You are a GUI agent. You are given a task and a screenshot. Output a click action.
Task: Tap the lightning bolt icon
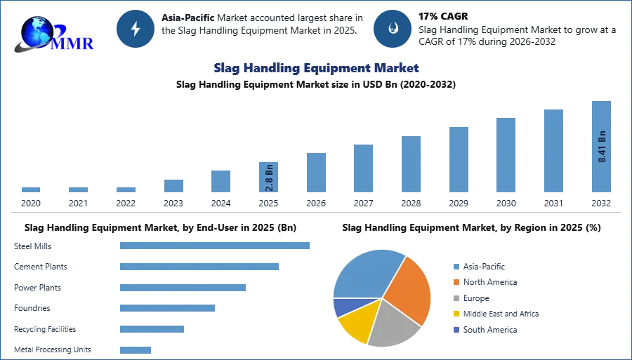tap(136, 29)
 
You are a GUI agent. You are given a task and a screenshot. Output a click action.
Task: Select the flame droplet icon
tap(393, 29)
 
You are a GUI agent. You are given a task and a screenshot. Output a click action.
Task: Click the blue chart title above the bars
tap(317, 68)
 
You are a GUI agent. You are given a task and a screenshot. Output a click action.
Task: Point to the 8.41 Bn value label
tap(602, 147)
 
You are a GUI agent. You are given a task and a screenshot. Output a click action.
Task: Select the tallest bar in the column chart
tap(600, 147)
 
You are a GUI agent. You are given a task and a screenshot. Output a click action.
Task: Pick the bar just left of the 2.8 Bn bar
tap(219, 181)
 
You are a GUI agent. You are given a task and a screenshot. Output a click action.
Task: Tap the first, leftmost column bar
tap(30, 190)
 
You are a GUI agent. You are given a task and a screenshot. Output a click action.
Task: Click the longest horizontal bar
tap(215, 246)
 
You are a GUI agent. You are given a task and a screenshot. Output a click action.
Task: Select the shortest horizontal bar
tap(134, 347)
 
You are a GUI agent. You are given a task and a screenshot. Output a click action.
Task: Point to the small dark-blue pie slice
tap(343, 307)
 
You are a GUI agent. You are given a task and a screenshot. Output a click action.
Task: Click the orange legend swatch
tap(456, 282)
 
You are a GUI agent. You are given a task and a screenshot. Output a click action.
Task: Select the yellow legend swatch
tap(456, 314)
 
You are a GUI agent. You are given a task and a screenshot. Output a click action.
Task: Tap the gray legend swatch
tap(456, 298)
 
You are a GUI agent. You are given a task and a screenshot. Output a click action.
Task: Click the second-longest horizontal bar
tap(199, 267)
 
